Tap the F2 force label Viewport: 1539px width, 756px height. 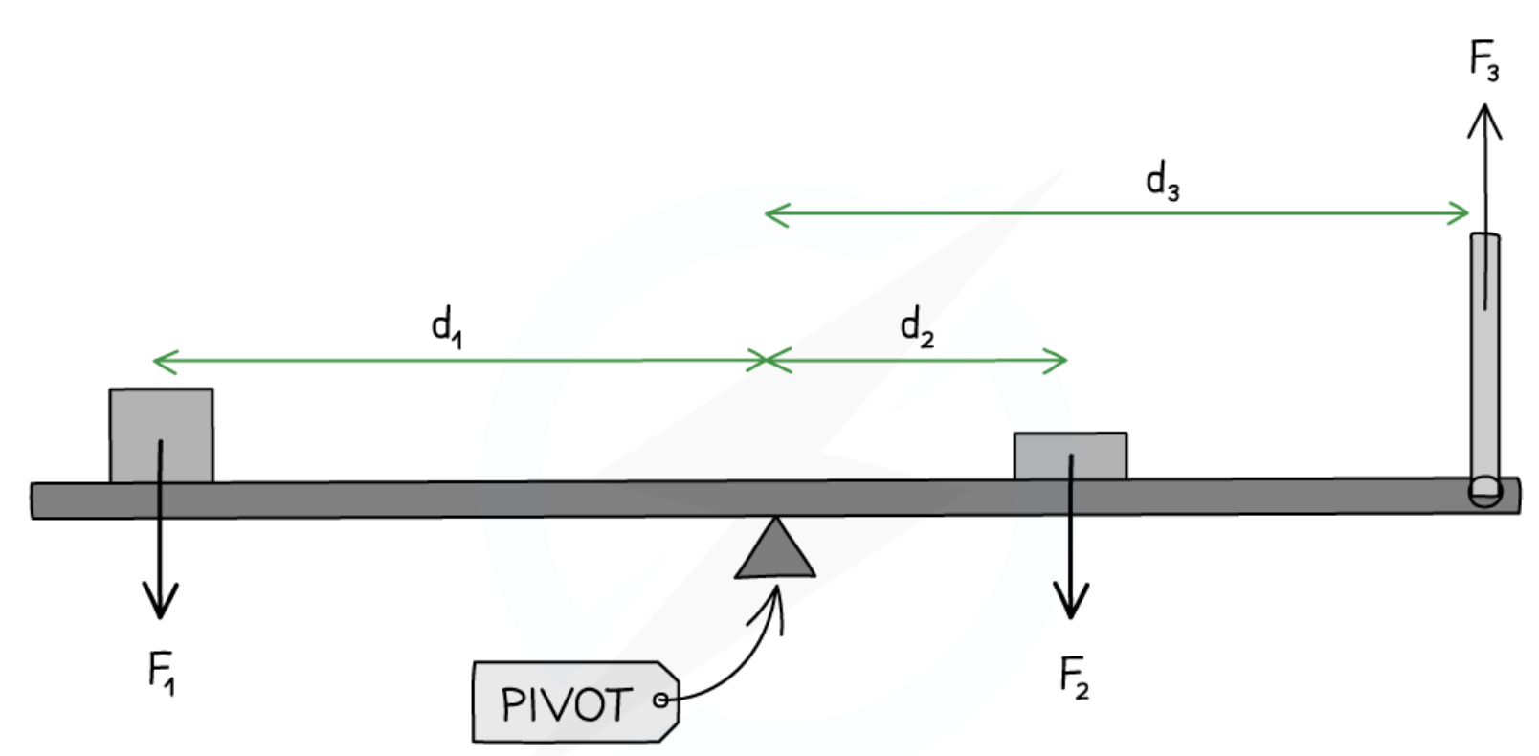pos(1074,677)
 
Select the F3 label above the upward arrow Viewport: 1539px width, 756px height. pos(1483,60)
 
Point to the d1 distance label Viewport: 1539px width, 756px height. pos(446,326)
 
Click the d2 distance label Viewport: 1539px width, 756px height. pos(916,327)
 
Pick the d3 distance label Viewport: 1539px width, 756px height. pos(1162,181)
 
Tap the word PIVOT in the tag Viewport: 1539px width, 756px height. pos(566,705)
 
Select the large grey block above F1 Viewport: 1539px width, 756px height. pos(161,434)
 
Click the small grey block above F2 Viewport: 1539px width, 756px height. pos(1070,456)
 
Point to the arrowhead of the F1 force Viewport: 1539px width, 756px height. pos(160,603)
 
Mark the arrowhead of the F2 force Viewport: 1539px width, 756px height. pos(1071,603)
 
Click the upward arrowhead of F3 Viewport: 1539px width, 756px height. pos(1484,119)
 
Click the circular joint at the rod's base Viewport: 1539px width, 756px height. pos(1484,491)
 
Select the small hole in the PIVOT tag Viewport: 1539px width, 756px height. pos(660,700)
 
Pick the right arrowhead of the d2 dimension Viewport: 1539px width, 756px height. pos(1060,361)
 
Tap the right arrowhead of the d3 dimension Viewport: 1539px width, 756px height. pos(1462,212)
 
